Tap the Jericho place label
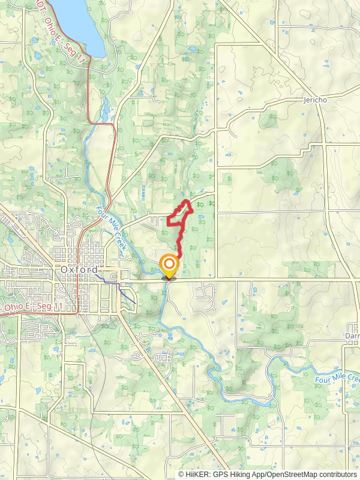(x=316, y=100)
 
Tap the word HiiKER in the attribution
(x=197, y=474)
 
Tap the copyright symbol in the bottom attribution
(x=181, y=474)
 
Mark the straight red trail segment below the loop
(x=180, y=243)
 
